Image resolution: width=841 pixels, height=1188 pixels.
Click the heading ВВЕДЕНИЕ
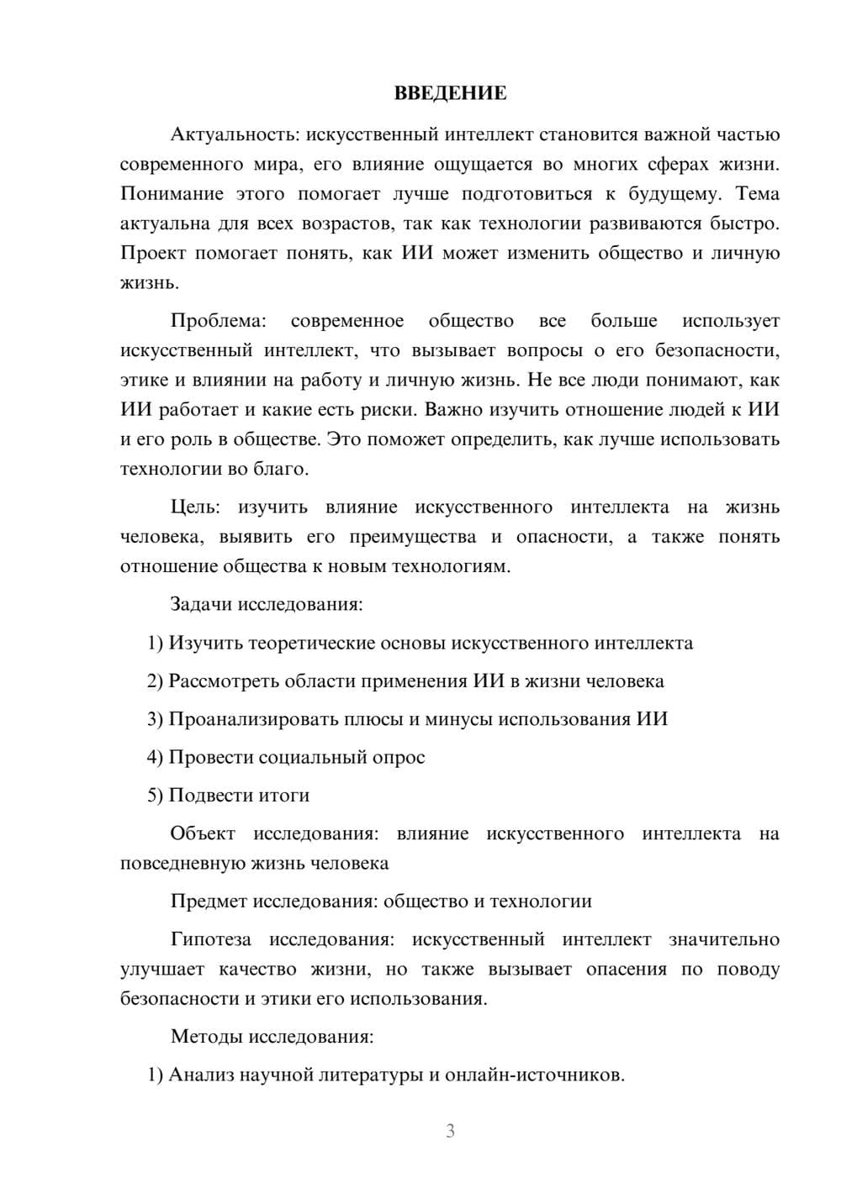click(x=450, y=93)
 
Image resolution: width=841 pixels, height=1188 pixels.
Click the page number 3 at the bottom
click(x=450, y=1131)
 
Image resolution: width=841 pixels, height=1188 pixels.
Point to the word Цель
click(x=194, y=507)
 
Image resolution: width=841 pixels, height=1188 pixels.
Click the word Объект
click(x=203, y=833)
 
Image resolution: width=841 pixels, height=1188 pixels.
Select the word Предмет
click(x=209, y=902)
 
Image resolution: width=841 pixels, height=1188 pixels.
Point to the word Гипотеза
click(x=210, y=939)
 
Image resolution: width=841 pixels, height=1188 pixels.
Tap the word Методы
click(x=206, y=1036)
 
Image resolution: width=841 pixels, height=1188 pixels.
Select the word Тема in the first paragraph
click(x=757, y=194)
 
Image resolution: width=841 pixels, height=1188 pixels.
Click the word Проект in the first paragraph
click(x=151, y=253)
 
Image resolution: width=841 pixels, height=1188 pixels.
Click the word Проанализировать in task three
click(x=252, y=719)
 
